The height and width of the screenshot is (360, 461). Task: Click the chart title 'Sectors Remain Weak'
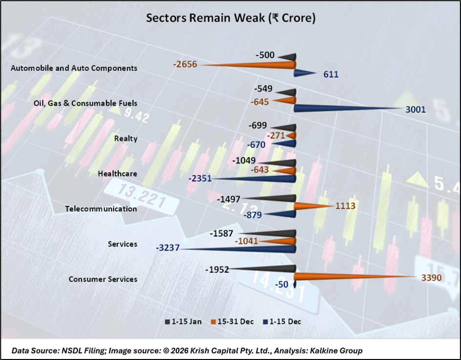pyautogui.click(x=231, y=19)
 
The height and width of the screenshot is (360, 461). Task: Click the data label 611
pyautogui.click(x=331, y=74)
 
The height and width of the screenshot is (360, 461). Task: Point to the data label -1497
pyautogui.click(x=230, y=198)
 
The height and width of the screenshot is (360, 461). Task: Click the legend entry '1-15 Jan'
pyautogui.click(x=184, y=321)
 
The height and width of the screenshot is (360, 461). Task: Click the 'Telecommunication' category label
pyautogui.click(x=101, y=209)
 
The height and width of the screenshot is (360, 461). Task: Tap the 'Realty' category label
pyautogui.click(x=126, y=138)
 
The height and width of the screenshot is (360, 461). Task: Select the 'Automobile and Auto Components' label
pyautogui.click(x=74, y=68)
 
